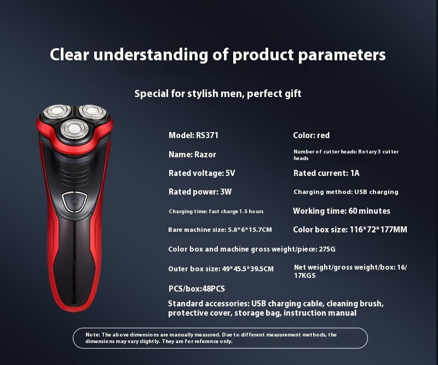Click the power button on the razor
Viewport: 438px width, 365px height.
pyautogui.click(x=74, y=201)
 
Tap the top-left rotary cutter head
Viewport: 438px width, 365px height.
pyautogui.click(x=56, y=113)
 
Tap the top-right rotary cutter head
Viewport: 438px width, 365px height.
pyautogui.click(x=92, y=112)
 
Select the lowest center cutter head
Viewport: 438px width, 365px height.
pyautogui.click(x=73, y=129)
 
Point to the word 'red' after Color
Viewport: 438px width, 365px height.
pyautogui.click(x=323, y=135)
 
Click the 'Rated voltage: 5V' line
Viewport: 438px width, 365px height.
pyautogui.click(x=201, y=173)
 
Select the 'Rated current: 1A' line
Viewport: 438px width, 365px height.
pyautogui.click(x=326, y=173)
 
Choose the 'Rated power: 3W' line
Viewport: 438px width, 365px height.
pyautogui.click(x=200, y=192)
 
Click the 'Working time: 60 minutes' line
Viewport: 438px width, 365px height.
pyautogui.click(x=342, y=211)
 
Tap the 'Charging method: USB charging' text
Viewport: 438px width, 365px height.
pyautogui.click(x=346, y=192)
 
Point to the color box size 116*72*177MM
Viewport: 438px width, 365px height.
pyautogui.click(x=378, y=230)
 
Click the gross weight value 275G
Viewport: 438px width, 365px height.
pyautogui.click(x=327, y=249)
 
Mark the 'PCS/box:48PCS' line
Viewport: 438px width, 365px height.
pyautogui.click(x=197, y=289)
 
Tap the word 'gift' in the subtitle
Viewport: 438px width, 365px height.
pyautogui.click(x=290, y=94)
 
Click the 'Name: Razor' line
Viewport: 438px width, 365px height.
pyautogui.click(x=192, y=155)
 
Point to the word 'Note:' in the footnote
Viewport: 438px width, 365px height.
pyautogui.click(x=93, y=334)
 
